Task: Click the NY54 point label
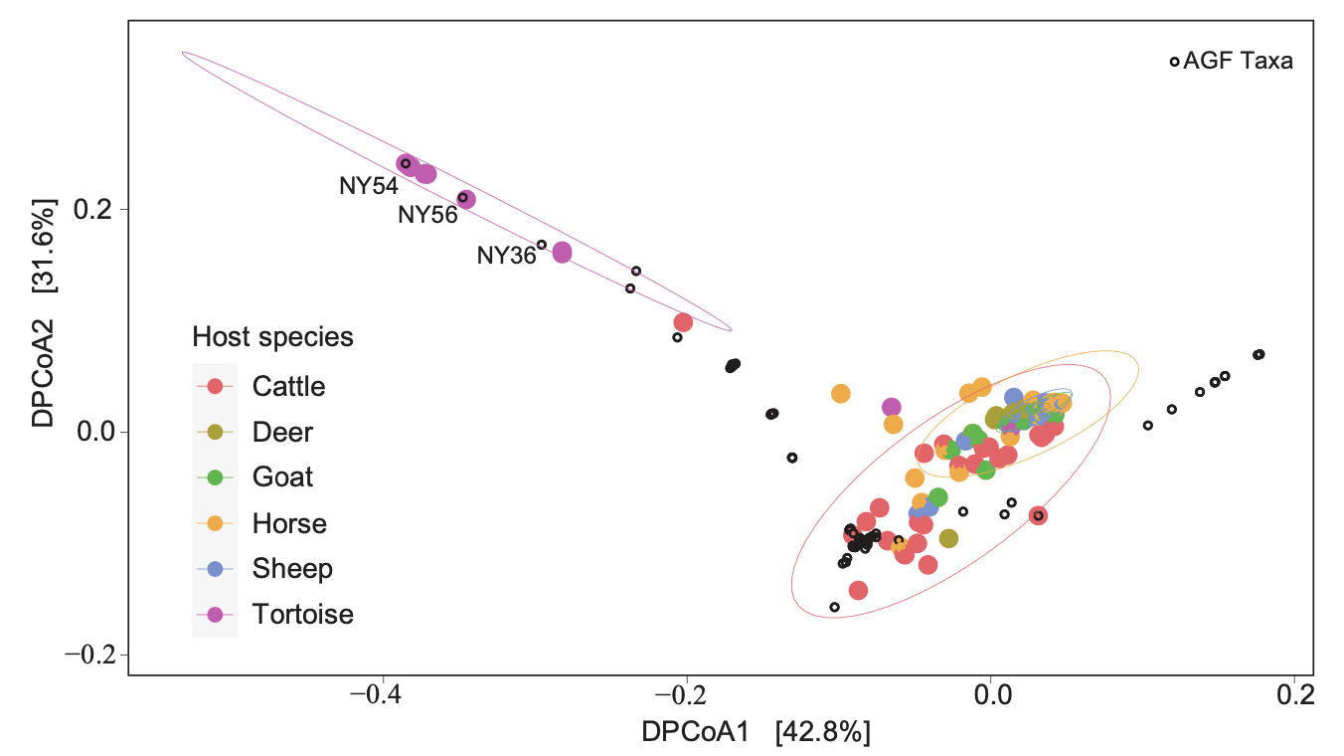pyautogui.click(x=369, y=186)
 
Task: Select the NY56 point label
pyautogui.click(x=427, y=215)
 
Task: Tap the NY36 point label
pyautogui.click(x=506, y=256)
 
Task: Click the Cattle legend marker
pyautogui.click(x=215, y=386)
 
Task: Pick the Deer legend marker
pyautogui.click(x=215, y=432)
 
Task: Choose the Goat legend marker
pyautogui.click(x=215, y=477)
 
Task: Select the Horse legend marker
pyautogui.click(x=215, y=523)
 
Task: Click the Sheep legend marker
pyautogui.click(x=215, y=569)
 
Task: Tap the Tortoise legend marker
pyautogui.click(x=215, y=615)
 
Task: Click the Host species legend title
pyautogui.click(x=272, y=337)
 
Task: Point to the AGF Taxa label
pyautogui.click(x=1238, y=62)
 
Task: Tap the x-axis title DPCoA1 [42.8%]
pyautogui.click(x=756, y=733)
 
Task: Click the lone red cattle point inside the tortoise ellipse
pyautogui.click(x=683, y=322)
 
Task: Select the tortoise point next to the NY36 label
pyautogui.click(x=562, y=253)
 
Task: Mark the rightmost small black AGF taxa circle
pyautogui.click(x=1259, y=354)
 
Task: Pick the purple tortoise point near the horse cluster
pyautogui.click(x=892, y=407)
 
